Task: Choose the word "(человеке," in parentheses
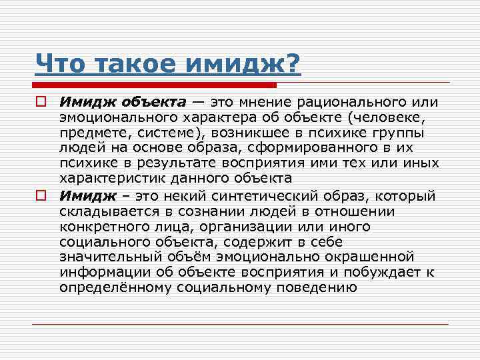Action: click(x=386, y=118)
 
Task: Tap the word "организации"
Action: click(x=295, y=226)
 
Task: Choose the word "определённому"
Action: click(x=115, y=287)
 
